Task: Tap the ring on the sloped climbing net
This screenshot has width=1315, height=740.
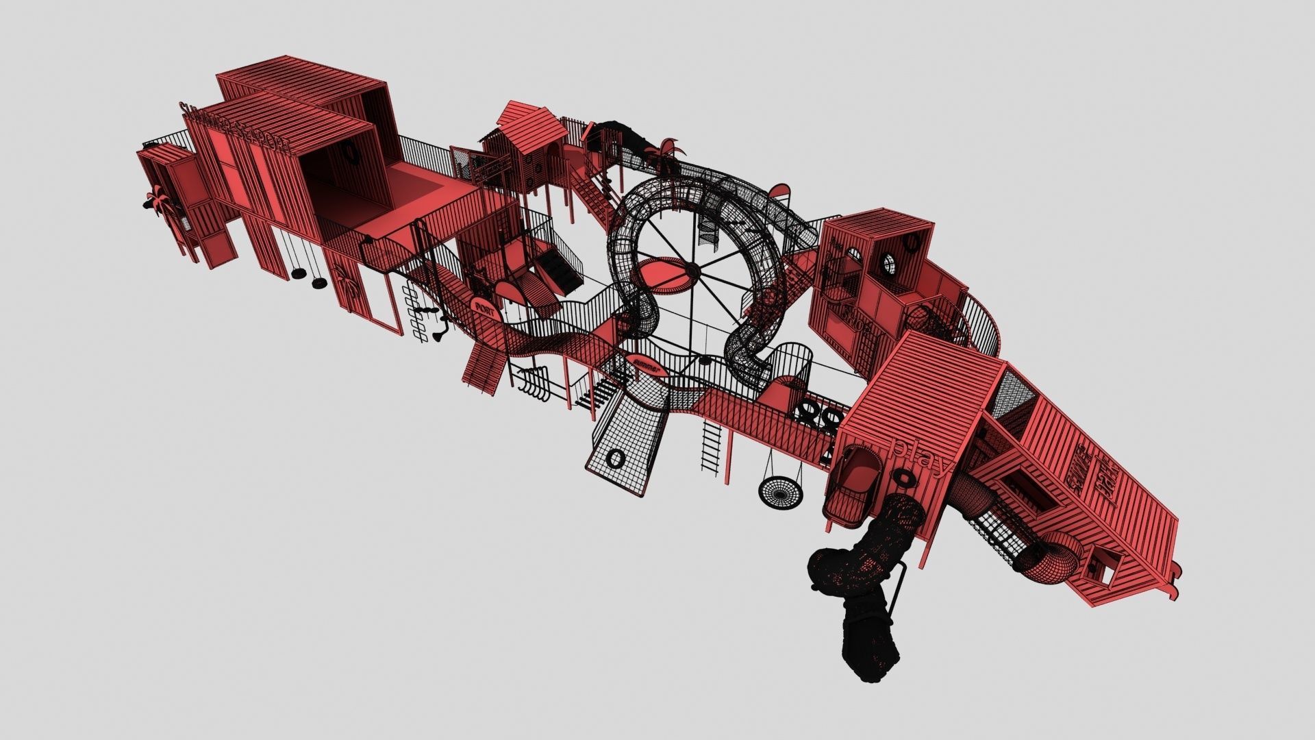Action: pyautogui.click(x=616, y=458)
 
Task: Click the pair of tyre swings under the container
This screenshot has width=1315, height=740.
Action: pyautogui.click(x=309, y=278)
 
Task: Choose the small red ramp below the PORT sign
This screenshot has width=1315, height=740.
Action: pyautogui.click(x=483, y=367)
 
